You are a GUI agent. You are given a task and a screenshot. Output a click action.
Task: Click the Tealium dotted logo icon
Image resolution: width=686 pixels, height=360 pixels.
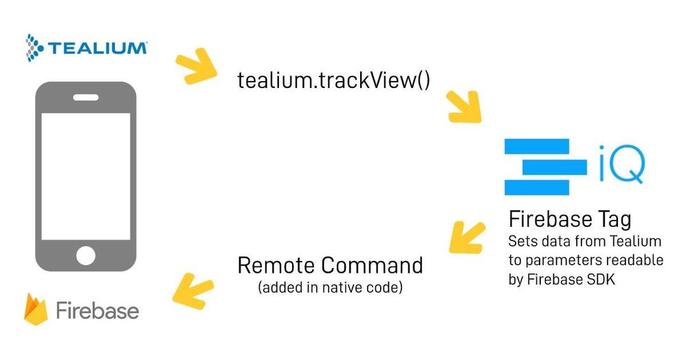[x=34, y=47]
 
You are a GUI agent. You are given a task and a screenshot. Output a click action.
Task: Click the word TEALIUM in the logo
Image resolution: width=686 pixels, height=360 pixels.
[x=96, y=48]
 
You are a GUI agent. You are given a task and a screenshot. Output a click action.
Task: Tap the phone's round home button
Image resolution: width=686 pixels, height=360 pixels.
[x=86, y=256]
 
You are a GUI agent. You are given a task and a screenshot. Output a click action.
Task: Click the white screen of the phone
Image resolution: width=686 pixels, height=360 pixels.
[x=86, y=175]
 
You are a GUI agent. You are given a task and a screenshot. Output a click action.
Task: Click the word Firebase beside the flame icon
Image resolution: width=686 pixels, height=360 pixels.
[x=97, y=311]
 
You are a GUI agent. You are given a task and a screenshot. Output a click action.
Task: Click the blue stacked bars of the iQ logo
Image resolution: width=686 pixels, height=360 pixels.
[x=544, y=167]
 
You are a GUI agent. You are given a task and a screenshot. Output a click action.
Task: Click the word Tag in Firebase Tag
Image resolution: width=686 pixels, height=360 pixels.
[x=612, y=221]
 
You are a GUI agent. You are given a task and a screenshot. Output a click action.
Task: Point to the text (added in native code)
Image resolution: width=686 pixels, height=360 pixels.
[x=330, y=287]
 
